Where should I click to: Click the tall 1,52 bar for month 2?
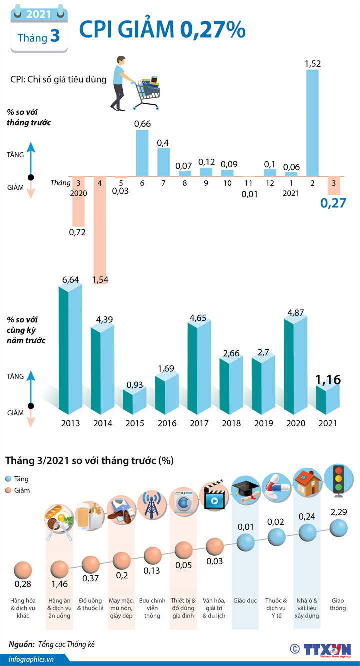[x=312, y=122]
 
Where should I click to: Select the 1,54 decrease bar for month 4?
[x=100, y=230]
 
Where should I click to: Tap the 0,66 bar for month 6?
[x=142, y=152]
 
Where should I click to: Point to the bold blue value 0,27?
[x=333, y=203]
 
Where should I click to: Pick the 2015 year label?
[x=135, y=423]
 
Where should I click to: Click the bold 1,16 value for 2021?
[x=328, y=380]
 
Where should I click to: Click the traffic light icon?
[x=339, y=481]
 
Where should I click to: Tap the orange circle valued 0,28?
[x=23, y=570]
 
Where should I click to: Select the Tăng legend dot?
[x=9, y=479]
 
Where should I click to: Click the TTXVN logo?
[x=327, y=649]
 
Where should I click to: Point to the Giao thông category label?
[x=338, y=604]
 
